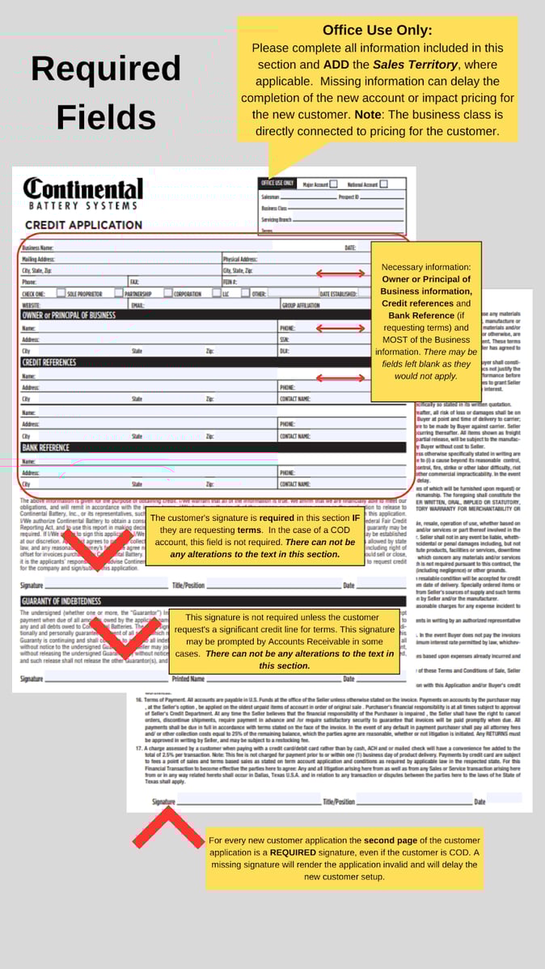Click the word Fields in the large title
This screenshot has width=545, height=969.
point(105,116)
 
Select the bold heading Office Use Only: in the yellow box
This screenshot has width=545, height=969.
point(378,31)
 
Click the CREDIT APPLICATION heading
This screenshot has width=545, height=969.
point(83,225)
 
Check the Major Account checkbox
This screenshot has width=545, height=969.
point(333,184)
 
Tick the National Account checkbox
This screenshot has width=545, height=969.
point(382,184)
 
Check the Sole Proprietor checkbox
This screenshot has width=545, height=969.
point(61,294)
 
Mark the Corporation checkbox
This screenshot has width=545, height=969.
point(168,294)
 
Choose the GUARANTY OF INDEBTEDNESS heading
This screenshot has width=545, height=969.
point(61,601)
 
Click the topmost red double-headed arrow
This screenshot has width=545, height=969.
point(340,273)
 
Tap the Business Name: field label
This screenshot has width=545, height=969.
point(38,248)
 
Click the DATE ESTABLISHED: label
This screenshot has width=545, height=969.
point(338,294)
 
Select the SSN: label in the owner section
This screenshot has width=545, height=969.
point(285,341)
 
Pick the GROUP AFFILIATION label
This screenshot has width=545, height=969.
point(300,306)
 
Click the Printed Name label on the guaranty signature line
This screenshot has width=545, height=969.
point(188,679)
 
